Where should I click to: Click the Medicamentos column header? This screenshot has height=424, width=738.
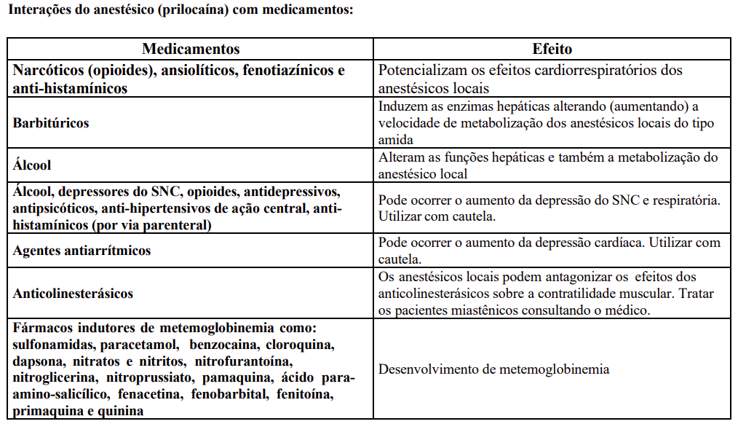click(191, 50)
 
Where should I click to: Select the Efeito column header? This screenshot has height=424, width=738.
click(552, 50)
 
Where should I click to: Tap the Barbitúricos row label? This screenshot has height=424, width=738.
click(51, 123)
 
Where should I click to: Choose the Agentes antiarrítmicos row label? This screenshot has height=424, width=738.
click(82, 251)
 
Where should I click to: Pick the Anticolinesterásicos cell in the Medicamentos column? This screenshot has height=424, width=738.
click(73, 294)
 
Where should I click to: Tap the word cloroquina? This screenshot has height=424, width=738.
click(301, 344)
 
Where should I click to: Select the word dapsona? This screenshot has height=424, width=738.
click(37, 361)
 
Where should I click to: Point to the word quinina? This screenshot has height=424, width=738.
click(122, 412)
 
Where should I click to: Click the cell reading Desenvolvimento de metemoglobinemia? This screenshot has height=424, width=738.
click(493, 369)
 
